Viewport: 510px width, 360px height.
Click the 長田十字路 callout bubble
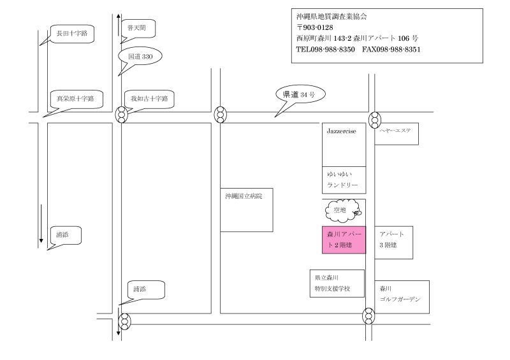tap(72, 34)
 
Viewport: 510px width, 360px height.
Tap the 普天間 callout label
tap(138, 29)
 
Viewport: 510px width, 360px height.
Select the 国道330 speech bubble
tap(140, 57)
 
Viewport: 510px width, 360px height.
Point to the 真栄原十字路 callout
tap(76, 99)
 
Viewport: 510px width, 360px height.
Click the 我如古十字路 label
tap(150, 99)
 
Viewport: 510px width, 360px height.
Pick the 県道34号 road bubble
tap(300, 95)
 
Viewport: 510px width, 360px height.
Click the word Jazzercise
tap(341, 131)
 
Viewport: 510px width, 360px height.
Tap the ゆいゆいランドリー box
tap(344, 180)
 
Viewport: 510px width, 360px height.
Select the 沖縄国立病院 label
tap(244, 196)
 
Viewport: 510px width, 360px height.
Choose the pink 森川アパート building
tap(344, 240)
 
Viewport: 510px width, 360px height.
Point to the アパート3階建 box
tap(393, 243)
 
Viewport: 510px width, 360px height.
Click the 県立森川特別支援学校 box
tap(337, 284)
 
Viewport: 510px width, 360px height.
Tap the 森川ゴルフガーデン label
tap(400, 294)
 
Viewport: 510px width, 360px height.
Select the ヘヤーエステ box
tap(397, 134)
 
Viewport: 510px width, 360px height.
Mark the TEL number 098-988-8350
tap(325, 50)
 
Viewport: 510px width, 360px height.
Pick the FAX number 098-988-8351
tap(391, 50)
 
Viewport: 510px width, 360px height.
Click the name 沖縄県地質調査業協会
tap(331, 17)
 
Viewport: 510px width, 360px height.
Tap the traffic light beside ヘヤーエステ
tap(375, 120)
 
